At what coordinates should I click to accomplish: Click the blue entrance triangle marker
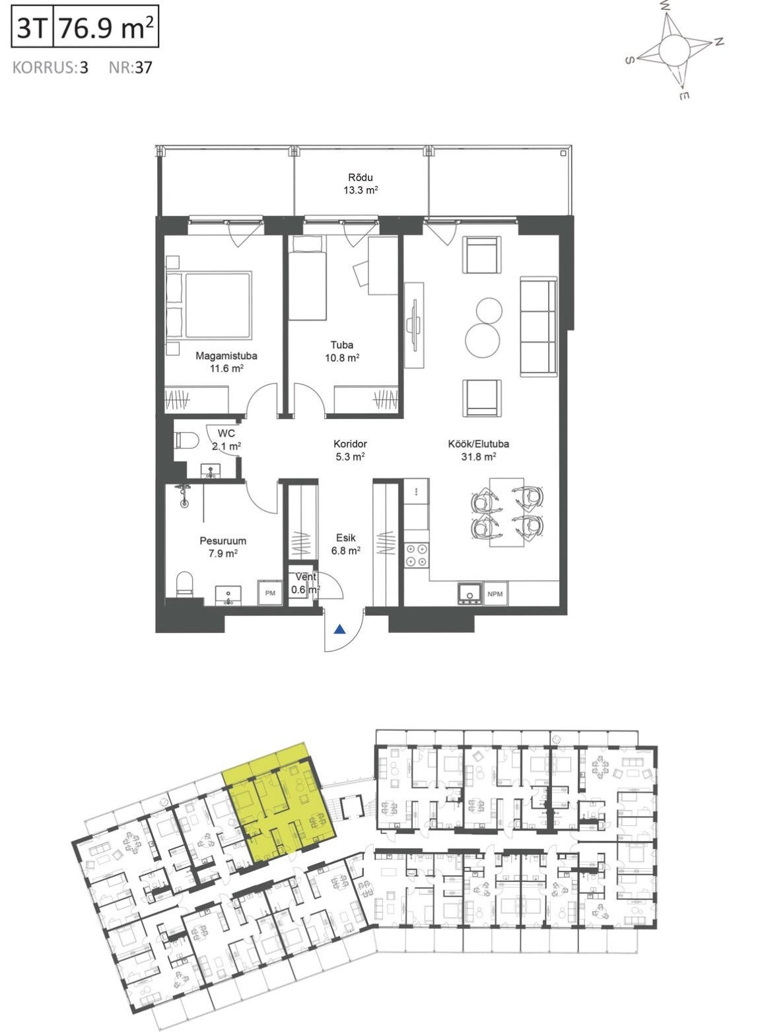340,630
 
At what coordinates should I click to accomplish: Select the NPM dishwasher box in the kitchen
495,594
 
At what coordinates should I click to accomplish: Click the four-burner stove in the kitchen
416,555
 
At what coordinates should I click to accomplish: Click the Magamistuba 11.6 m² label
226,363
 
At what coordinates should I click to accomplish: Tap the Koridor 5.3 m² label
350,450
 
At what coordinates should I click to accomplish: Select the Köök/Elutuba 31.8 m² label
478,450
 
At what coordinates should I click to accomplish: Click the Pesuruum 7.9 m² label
223,547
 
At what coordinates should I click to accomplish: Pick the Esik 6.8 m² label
346,544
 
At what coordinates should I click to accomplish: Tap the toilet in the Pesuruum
185,583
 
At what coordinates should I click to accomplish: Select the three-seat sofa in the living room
538,326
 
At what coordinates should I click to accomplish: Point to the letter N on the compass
718,42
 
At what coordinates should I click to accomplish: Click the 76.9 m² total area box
106,26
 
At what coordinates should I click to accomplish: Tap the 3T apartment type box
32,26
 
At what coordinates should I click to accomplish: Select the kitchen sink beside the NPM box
469,594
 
